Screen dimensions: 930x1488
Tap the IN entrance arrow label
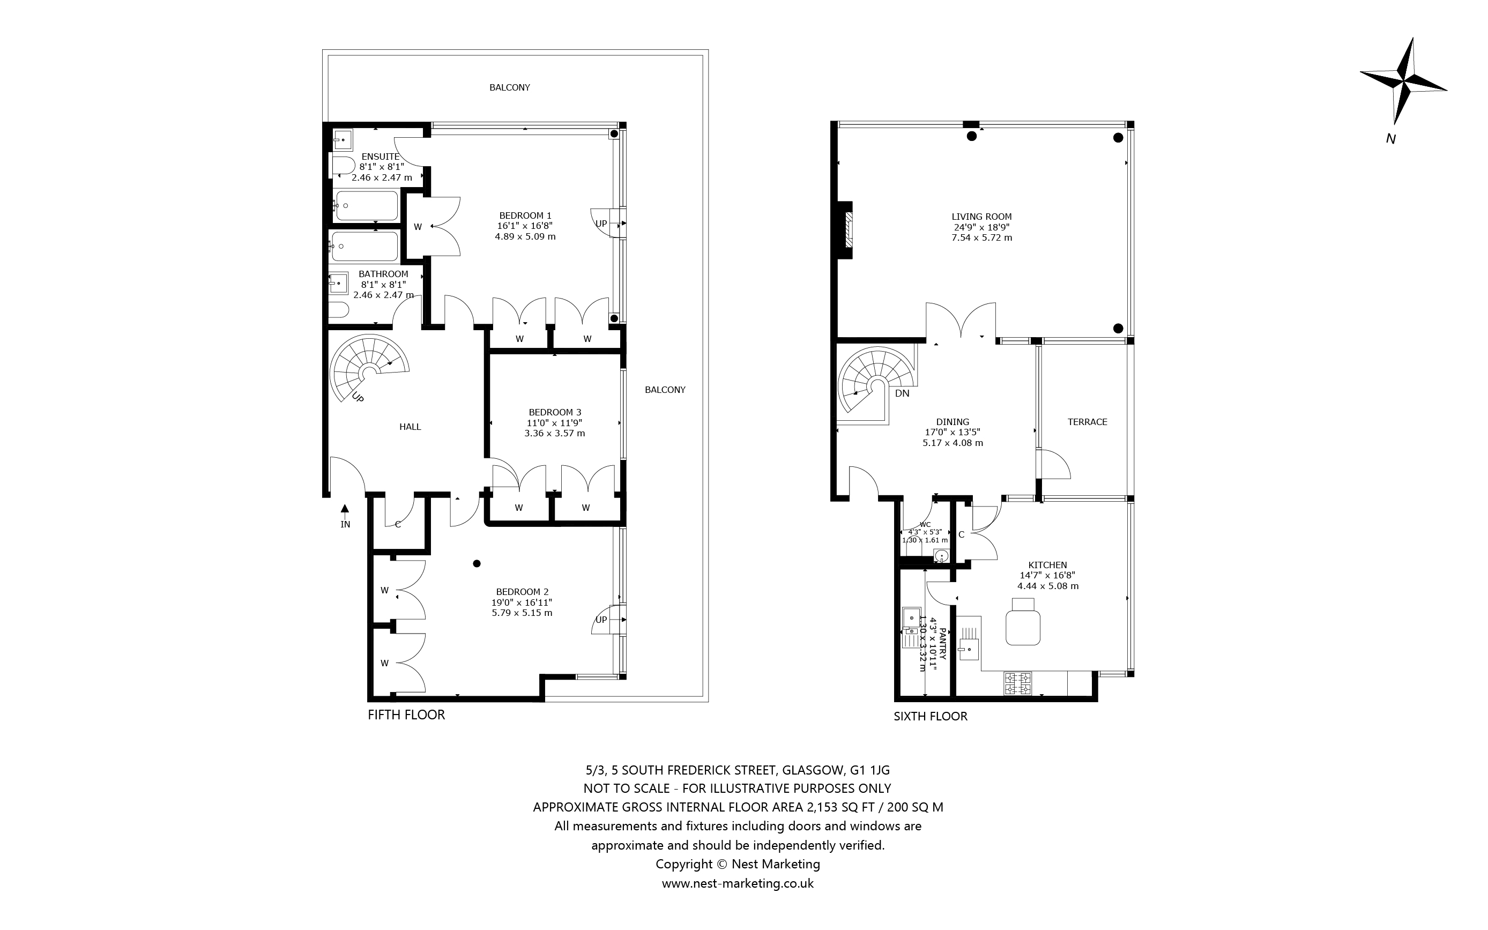tap(345, 524)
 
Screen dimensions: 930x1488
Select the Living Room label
tap(981, 217)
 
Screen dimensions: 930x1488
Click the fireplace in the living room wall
tap(848, 230)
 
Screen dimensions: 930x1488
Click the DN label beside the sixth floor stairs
tap(902, 393)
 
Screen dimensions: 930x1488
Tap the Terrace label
tap(1087, 422)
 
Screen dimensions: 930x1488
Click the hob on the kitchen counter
tap(1017, 683)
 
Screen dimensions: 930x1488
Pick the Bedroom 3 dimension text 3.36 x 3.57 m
tap(554, 433)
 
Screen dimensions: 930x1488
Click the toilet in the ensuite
tap(343, 165)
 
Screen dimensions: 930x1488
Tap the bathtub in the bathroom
tap(364, 246)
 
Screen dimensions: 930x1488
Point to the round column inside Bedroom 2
tap(477, 563)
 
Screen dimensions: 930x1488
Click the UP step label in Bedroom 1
tap(601, 224)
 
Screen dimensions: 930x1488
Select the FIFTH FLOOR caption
tap(406, 715)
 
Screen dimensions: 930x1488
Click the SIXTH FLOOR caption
tap(931, 716)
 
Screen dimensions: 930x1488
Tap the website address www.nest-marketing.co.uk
tap(737, 883)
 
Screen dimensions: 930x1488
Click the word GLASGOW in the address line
tap(811, 770)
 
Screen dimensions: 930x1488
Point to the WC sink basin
tap(941, 556)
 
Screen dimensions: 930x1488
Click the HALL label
tap(410, 427)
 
